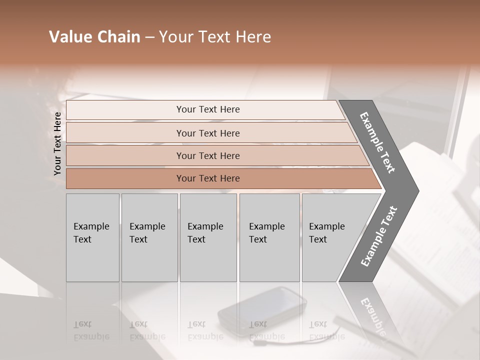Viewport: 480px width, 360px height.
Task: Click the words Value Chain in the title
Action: pyautogui.click(x=94, y=37)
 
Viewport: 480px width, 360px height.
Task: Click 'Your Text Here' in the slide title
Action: pyautogui.click(x=215, y=37)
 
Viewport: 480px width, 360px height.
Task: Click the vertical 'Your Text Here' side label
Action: pyautogui.click(x=57, y=143)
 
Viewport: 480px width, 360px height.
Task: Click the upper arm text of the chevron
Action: pyautogui.click(x=377, y=142)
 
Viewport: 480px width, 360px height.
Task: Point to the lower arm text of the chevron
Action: pyautogui.click(x=379, y=236)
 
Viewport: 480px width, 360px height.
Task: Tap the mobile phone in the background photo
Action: pyautogui.click(x=262, y=310)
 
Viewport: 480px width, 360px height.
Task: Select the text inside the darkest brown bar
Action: pyautogui.click(x=208, y=178)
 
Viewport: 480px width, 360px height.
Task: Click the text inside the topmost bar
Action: pyautogui.click(x=208, y=109)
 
